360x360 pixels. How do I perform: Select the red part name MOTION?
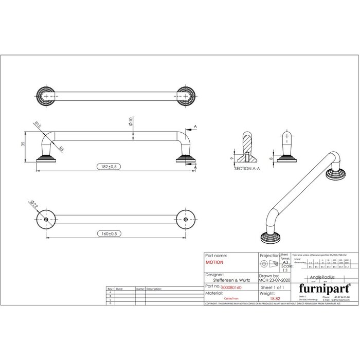tap(214, 262)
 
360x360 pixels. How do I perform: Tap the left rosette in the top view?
tap(47, 96)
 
